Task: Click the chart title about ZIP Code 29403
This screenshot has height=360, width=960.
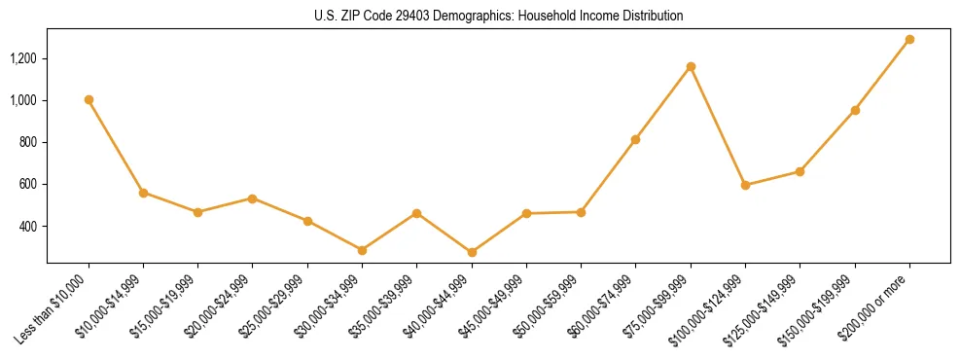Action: click(499, 16)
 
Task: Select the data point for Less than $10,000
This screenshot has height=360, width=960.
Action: click(89, 99)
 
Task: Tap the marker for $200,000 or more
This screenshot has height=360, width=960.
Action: click(909, 40)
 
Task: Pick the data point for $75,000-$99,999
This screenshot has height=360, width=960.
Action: click(691, 66)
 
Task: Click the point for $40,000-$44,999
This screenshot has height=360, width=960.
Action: click(472, 252)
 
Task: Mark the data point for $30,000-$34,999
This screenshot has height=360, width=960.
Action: click(362, 250)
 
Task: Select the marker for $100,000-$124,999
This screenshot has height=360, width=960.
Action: click(745, 185)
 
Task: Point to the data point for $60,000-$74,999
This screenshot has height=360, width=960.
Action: click(635, 139)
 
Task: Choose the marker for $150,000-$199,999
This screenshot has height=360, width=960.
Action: click(855, 110)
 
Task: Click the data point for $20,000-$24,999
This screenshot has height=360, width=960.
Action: click(253, 198)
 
